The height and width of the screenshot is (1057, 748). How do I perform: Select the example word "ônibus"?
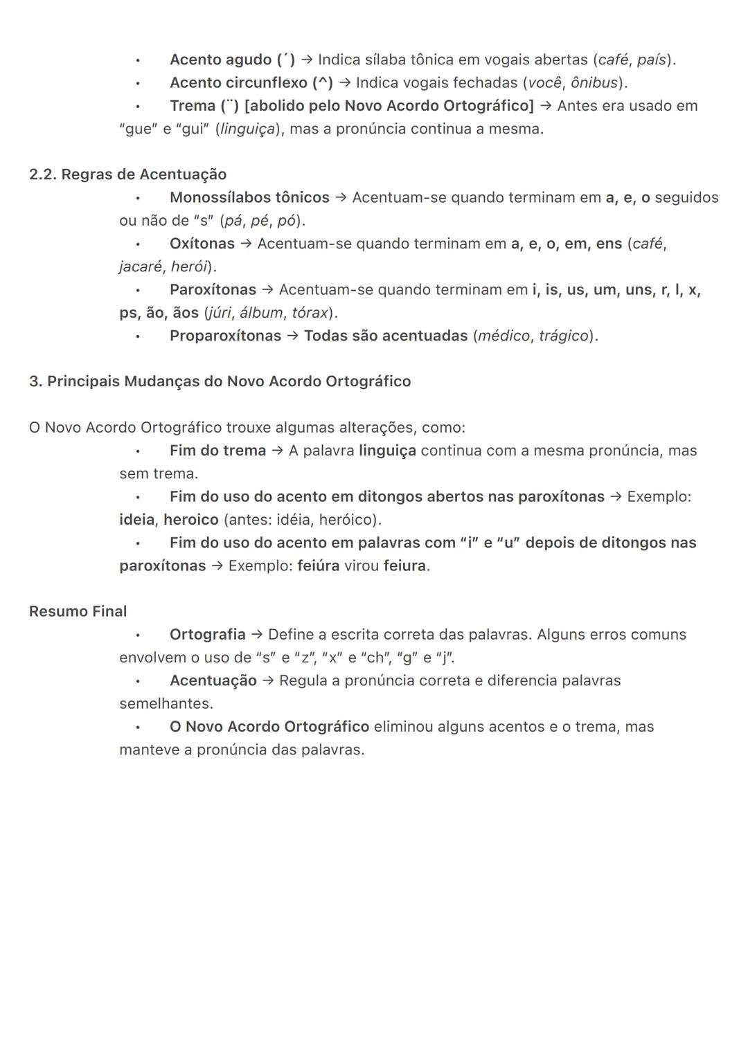594,83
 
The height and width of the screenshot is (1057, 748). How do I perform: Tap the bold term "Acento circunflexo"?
238,83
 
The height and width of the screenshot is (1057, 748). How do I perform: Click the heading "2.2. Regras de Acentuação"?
127,174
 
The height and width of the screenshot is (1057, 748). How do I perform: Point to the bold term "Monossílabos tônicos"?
249,198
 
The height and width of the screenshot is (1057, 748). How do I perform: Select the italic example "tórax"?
310,313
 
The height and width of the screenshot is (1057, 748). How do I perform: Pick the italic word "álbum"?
261,313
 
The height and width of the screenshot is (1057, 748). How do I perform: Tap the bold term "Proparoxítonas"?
225,336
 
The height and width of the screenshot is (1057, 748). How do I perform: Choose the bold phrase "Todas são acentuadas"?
386,336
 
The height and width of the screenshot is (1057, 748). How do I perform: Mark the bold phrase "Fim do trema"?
217,451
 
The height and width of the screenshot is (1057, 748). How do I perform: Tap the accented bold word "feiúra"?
318,566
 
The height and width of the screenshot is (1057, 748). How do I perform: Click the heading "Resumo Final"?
78,612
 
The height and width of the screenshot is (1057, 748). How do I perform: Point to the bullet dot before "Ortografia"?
138,635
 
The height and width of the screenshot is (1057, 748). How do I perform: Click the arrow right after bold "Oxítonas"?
246,244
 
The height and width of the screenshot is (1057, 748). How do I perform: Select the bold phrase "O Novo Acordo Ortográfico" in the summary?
269,727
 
